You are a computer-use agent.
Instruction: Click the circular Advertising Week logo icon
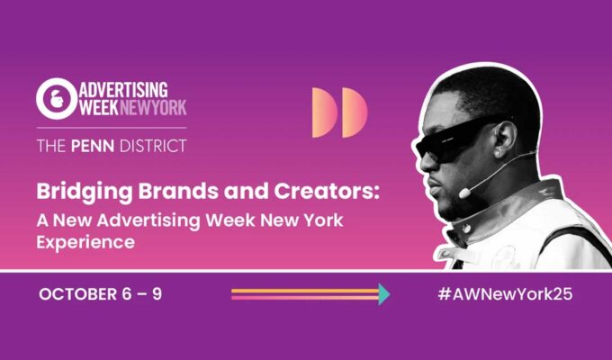point(57,99)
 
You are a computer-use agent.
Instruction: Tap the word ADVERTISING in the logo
point(123,90)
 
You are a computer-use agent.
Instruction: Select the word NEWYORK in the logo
point(153,107)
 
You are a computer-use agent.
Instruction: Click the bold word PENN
point(93,146)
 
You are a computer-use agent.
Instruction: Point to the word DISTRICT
point(153,146)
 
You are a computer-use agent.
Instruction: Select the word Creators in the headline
point(324,191)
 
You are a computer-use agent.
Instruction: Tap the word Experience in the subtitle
point(85,242)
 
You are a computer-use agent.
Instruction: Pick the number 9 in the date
point(157,294)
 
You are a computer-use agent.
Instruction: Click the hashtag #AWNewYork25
point(505,294)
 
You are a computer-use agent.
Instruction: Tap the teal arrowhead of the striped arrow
point(384,294)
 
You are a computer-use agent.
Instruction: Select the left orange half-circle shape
point(325,112)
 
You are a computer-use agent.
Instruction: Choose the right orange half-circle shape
point(355,112)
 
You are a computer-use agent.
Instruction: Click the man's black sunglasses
point(457,141)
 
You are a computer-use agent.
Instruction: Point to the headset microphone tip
point(464,193)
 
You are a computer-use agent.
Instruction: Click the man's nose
point(424,164)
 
